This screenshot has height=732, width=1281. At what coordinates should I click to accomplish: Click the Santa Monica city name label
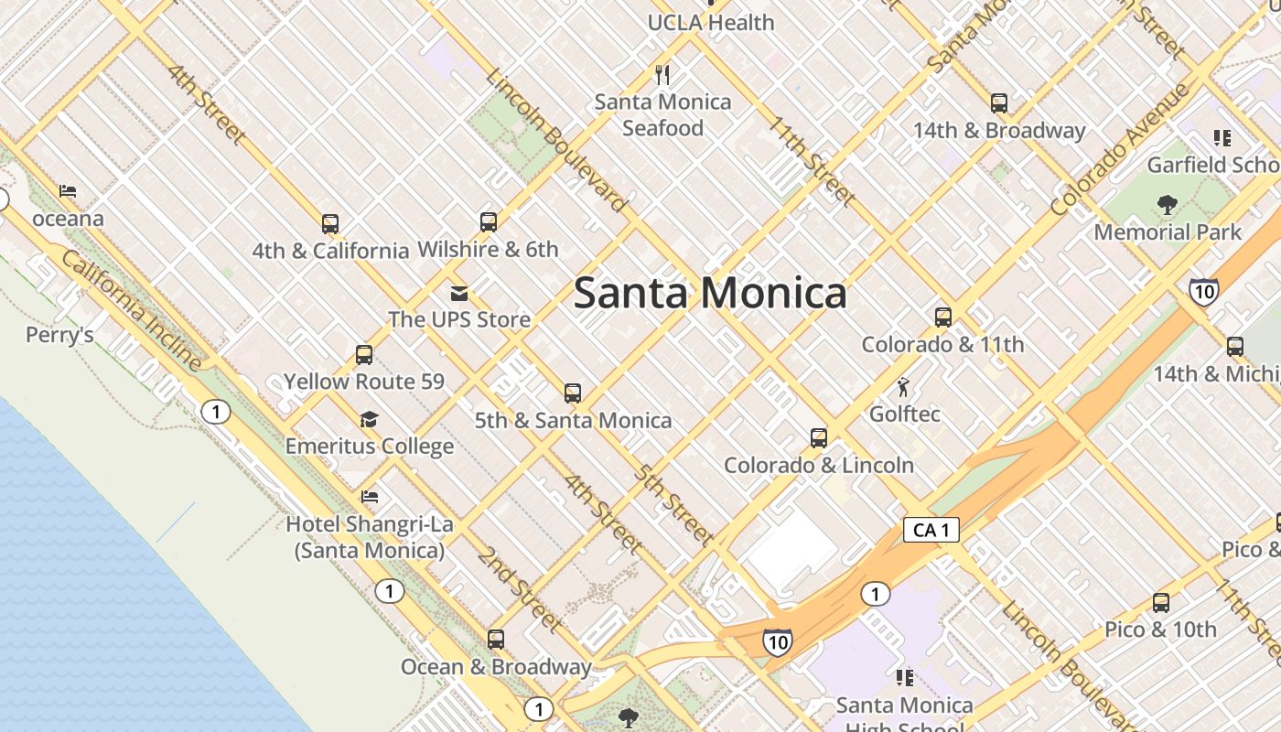(709, 294)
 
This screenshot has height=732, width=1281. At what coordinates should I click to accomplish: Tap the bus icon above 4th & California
(330, 223)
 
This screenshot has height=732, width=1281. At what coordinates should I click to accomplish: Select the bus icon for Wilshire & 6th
(489, 221)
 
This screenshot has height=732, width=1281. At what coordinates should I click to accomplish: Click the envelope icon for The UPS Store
(459, 293)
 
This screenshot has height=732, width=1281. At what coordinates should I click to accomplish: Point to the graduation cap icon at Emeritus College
(369, 420)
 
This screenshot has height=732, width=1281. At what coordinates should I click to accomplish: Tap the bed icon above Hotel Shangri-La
(370, 497)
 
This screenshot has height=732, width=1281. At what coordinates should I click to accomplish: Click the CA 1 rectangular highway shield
(931, 529)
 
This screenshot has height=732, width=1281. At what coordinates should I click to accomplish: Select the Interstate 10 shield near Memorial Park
(1204, 291)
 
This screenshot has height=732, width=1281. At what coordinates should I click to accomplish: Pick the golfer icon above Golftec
(904, 387)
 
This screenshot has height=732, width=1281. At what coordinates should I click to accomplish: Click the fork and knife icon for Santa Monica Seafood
(663, 74)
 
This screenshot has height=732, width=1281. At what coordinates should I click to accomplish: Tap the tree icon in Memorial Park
(1167, 204)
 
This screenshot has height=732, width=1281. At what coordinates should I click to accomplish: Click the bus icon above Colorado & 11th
(943, 318)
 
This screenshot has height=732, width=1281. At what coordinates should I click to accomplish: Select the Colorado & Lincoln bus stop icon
(819, 438)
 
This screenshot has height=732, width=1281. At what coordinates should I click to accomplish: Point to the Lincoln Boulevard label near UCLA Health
(558, 142)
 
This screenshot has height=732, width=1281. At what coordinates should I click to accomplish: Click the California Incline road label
(133, 311)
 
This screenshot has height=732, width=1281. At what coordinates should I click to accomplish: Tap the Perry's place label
(59, 335)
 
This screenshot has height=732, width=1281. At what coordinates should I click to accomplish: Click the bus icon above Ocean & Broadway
(496, 640)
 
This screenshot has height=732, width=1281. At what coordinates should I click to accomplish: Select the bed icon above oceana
(68, 191)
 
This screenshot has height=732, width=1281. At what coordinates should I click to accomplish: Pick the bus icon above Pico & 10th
(1161, 603)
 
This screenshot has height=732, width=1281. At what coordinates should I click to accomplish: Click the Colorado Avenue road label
(1120, 151)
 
